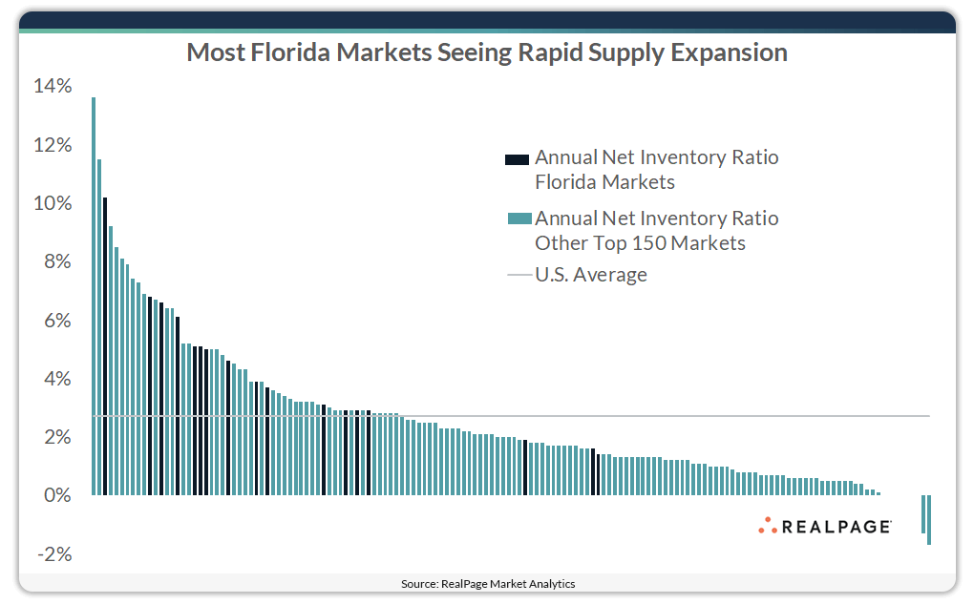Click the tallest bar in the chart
click(94, 296)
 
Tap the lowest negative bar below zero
click(929, 520)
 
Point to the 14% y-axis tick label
click(53, 87)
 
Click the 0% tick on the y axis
click(56, 496)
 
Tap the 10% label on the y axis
click(53, 204)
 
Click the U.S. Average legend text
click(590, 275)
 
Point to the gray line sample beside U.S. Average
click(519, 276)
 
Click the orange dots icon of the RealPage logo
click(768, 525)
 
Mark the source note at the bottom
click(488, 583)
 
